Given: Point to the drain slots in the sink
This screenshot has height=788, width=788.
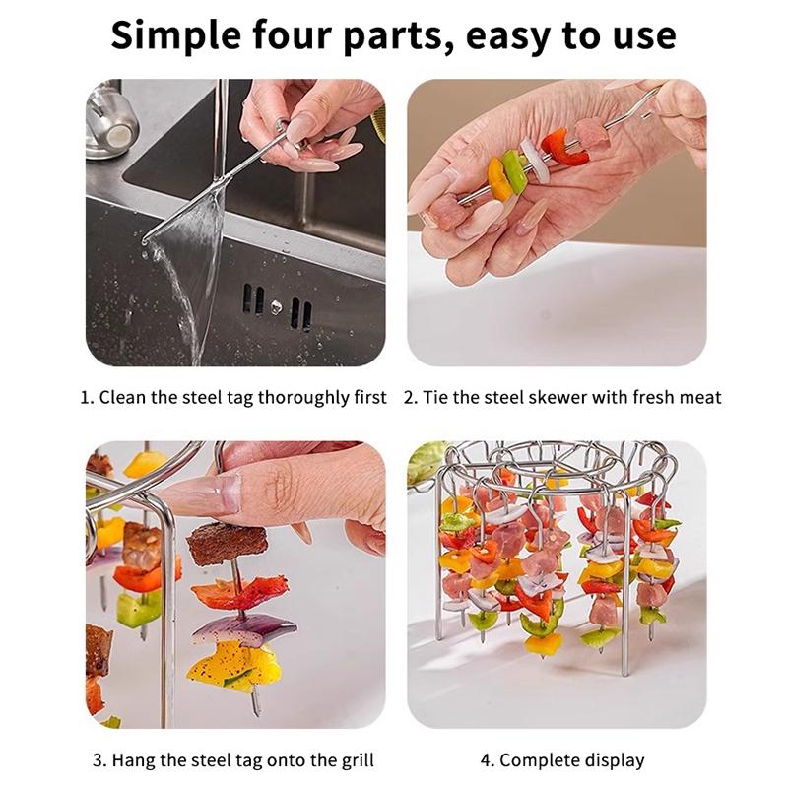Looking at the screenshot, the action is (277, 306).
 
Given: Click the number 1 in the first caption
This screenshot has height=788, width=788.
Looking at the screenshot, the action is (87, 398).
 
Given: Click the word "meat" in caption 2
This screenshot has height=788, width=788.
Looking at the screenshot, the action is (701, 398).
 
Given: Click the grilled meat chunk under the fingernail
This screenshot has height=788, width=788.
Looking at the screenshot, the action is (227, 543).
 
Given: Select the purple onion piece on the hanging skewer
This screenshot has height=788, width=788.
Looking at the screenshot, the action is (242, 631).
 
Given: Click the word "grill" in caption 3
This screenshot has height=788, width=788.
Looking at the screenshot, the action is (358, 760).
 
